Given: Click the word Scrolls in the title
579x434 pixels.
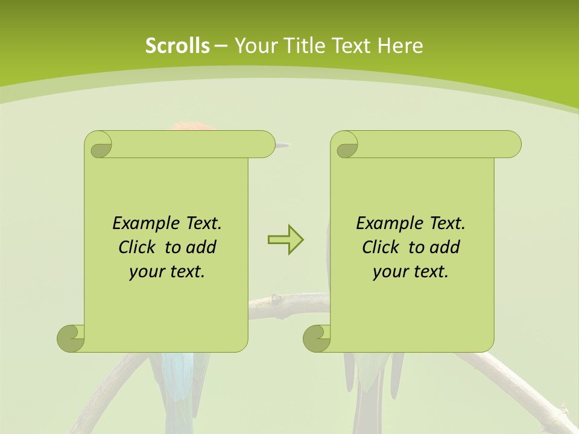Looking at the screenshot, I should pyautogui.click(x=177, y=46).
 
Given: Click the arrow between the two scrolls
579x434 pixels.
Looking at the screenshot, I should pyautogui.click(x=285, y=240).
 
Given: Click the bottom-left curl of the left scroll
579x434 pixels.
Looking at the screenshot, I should pyautogui.click(x=71, y=338).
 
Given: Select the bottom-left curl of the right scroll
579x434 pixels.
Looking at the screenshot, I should pyautogui.click(x=317, y=338).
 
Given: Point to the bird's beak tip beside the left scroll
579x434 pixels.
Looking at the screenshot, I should pyautogui.click(x=287, y=145).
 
